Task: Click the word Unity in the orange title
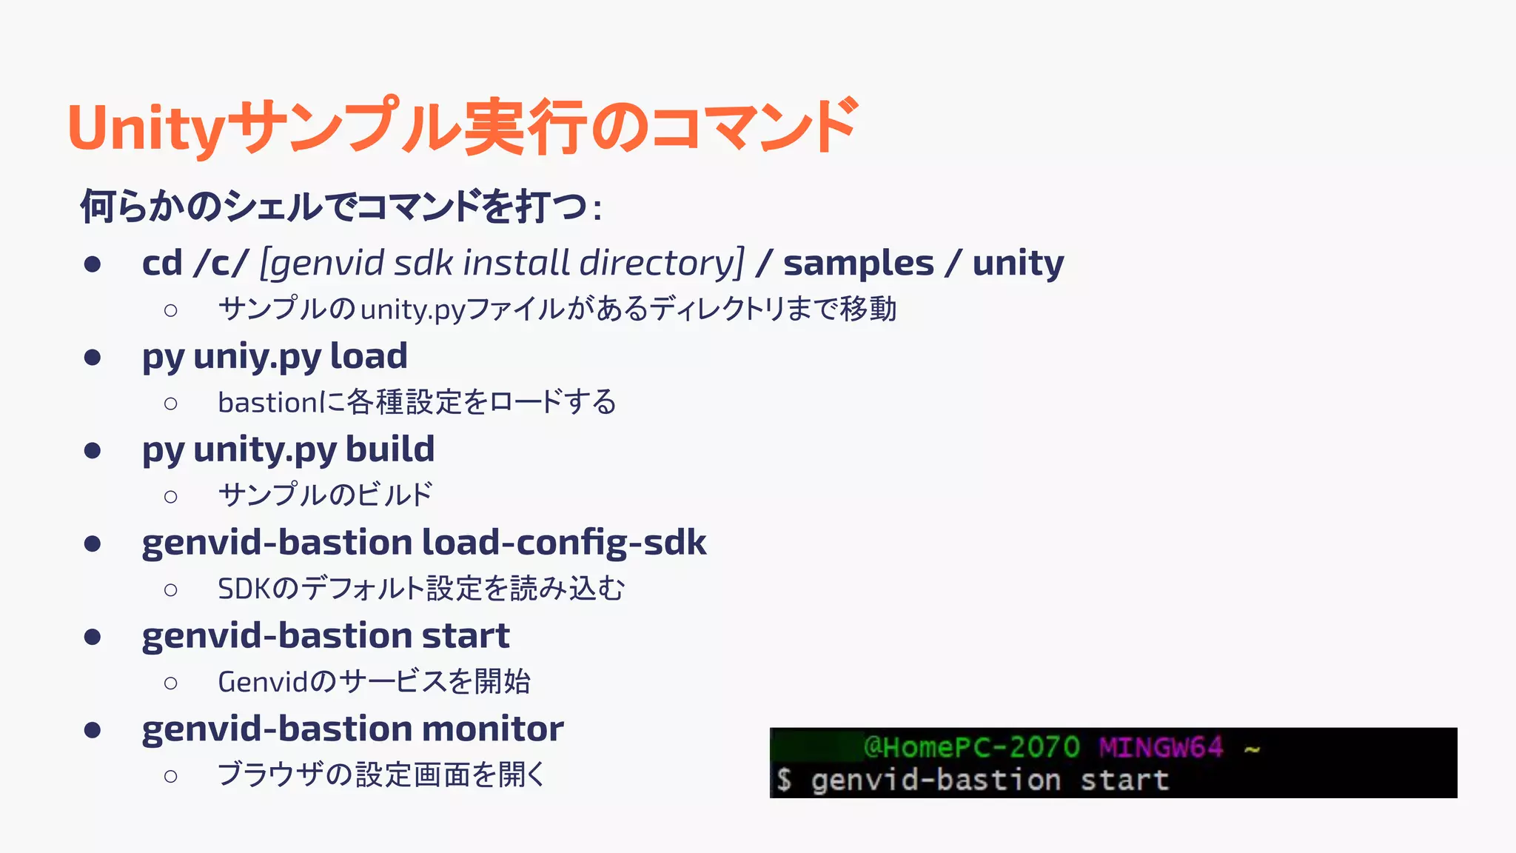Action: (x=146, y=127)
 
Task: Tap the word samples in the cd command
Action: (x=859, y=263)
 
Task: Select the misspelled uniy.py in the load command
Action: (x=257, y=357)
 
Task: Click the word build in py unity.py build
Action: (x=390, y=449)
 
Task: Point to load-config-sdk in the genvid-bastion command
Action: (x=564, y=543)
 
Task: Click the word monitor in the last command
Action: (x=492, y=729)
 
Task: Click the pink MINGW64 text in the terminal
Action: (x=1160, y=747)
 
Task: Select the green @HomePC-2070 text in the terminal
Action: (x=971, y=747)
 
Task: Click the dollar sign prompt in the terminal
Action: (x=784, y=780)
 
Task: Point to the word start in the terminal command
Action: (x=1124, y=780)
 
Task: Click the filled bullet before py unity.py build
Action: (x=93, y=450)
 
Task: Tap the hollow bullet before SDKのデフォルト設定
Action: (x=171, y=590)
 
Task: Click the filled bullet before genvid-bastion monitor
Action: (x=93, y=730)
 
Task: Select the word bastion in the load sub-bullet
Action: (x=267, y=403)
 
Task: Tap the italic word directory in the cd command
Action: (x=661, y=263)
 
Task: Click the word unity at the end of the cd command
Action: (x=1018, y=263)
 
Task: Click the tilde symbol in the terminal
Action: (x=1252, y=749)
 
